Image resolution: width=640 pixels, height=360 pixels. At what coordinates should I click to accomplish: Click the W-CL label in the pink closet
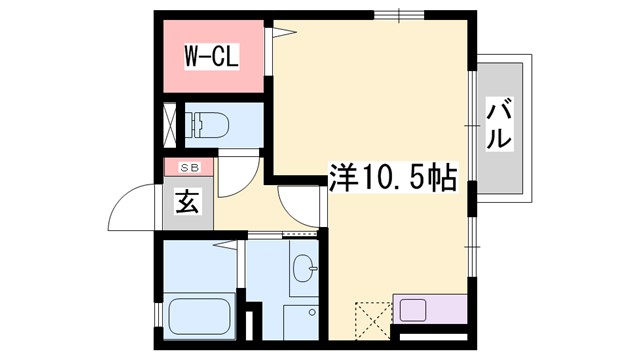pos(211,56)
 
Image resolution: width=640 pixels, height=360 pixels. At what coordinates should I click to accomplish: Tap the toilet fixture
pos(209,125)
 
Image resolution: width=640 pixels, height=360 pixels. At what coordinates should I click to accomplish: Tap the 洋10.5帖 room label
pos(393,179)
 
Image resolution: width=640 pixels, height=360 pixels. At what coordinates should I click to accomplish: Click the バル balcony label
pos(500,126)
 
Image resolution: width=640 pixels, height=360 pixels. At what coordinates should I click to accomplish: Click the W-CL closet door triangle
pos(283,35)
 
